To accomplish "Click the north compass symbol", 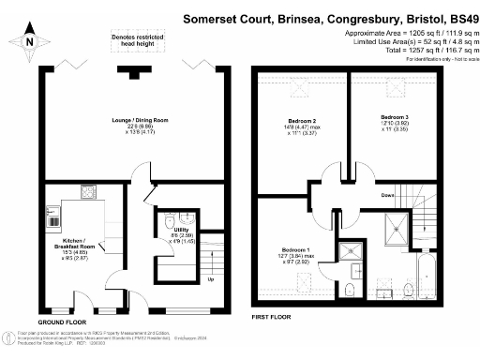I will click(x=31, y=39).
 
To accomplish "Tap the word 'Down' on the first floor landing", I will click(x=387, y=195).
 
